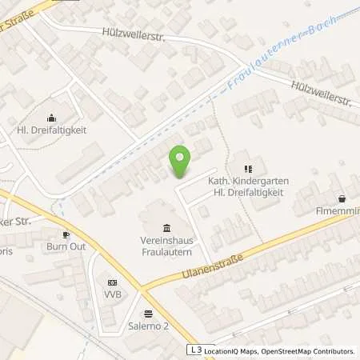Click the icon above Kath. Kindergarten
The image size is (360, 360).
(248, 169)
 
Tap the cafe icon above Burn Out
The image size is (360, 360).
(66, 235)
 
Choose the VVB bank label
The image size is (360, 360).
(112, 294)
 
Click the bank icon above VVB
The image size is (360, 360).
(112, 282)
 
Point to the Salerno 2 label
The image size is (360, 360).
(147, 326)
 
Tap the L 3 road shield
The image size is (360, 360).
(195, 350)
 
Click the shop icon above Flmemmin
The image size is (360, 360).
(342, 198)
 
